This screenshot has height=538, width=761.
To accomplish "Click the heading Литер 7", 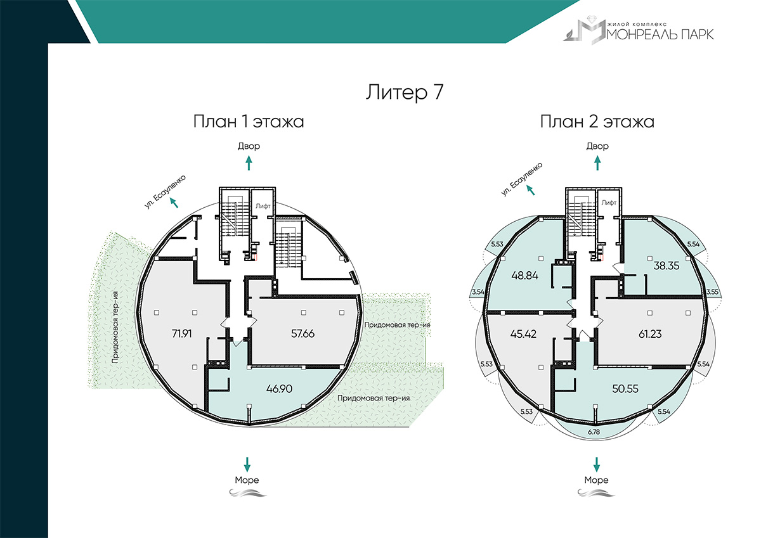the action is [x=405, y=93].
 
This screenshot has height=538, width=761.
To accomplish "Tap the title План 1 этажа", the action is [x=249, y=122].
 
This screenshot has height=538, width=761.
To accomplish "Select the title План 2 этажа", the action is [x=597, y=122].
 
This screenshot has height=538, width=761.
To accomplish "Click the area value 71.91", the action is [x=182, y=334].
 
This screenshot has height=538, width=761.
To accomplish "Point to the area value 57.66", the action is [x=302, y=334].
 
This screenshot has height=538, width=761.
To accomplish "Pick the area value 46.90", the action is [x=279, y=388].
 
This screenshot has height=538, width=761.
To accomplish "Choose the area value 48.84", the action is [x=524, y=275].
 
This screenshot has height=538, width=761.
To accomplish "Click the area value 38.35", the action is [x=667, y=266].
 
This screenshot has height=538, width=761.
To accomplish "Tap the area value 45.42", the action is [x=523, y=334].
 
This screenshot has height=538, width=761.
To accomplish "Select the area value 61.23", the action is [x=650, y=334].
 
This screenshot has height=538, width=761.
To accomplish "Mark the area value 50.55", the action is [x=625, y=388].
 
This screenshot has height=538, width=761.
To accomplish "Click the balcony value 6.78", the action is [x=594, y=432].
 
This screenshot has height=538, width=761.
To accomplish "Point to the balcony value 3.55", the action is [x=712, y=292].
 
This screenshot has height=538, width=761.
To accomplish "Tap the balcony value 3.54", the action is [x=478, y=292].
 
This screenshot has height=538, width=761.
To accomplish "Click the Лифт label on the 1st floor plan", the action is [x=263, y=206].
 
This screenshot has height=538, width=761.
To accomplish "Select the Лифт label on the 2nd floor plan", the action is [x=609, y=203].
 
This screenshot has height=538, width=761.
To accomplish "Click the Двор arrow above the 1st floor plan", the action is [x=249, y=163].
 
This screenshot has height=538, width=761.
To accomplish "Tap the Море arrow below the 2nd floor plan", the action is [x=597, y=464].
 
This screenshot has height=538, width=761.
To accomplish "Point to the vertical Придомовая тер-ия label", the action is [x=115, y=328].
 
